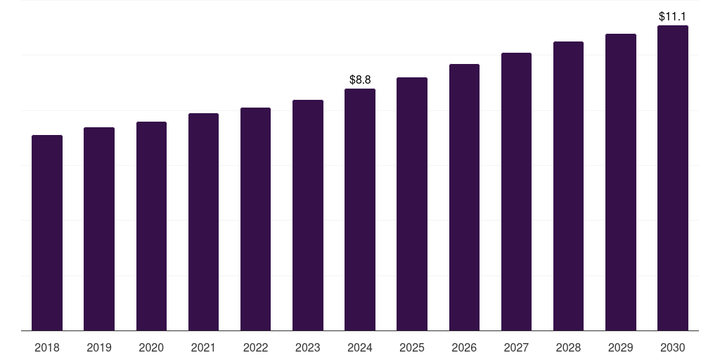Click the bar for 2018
47,233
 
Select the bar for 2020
151,226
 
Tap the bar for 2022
255,219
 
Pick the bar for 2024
360,210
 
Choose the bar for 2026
464,197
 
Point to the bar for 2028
568,186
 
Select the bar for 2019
99,229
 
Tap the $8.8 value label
360,79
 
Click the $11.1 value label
672,16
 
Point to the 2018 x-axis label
47,347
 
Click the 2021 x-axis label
203,347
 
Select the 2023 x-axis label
307,347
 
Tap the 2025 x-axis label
412,347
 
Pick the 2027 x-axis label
516,347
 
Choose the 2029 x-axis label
620,347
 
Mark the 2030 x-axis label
672,347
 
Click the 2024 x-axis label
360,347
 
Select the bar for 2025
412,204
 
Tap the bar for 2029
620,182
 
